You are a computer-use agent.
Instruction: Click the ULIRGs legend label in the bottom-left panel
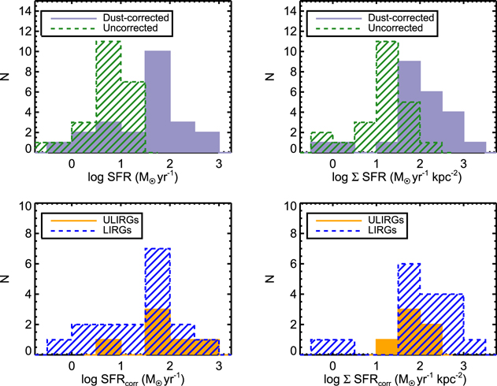(x=124, y=216)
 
